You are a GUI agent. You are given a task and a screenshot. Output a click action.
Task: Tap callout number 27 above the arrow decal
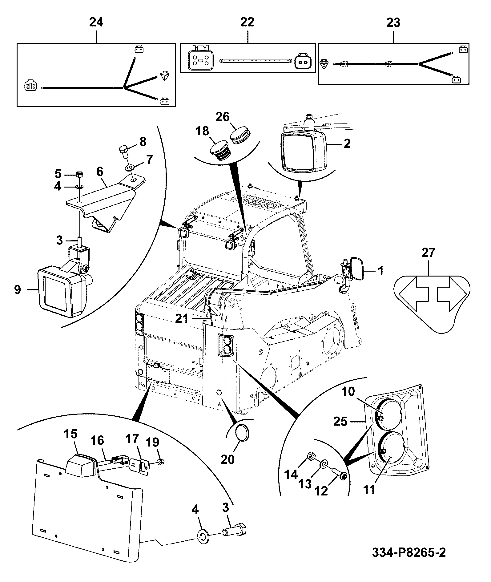429,253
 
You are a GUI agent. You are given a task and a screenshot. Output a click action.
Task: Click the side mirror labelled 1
357,270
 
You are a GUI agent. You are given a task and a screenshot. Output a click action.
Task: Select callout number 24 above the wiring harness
96,22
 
